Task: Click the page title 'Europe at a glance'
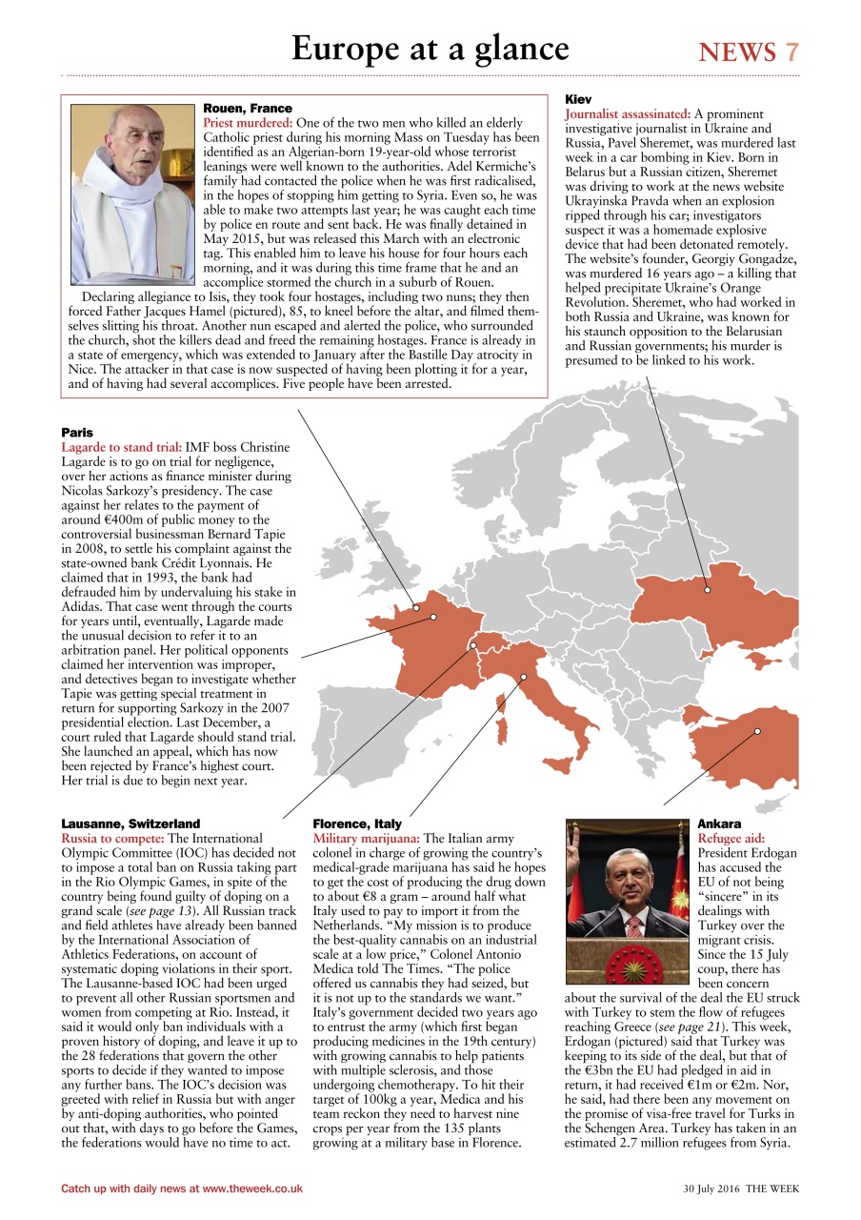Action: pos(430,48)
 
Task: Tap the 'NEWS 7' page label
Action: pos(749,52)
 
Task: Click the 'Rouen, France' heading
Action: pos(248,109)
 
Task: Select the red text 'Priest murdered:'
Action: pos(249,124)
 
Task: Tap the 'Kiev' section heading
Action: pos(578,99)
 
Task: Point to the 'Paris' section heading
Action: pos(78,433)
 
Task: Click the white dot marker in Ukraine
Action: pos(708,590)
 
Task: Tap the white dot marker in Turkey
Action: pos(757,731)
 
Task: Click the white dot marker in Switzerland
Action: pos(472,646)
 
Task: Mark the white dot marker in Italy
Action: pos(523,678)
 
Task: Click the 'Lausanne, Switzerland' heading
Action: pos(130,823)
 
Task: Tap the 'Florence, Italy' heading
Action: pos(357,823)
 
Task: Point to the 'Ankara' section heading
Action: pos(719,823)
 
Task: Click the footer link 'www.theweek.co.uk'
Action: pos(252,1189)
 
